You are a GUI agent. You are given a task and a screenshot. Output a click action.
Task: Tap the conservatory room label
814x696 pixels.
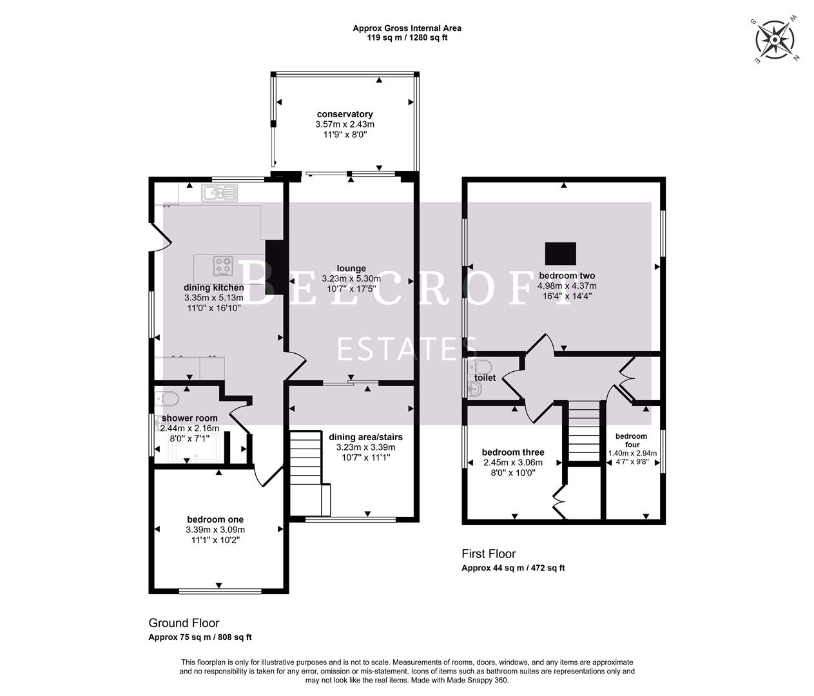pos(345,114)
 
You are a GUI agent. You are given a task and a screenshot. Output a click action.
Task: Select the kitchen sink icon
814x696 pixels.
pos(219,192)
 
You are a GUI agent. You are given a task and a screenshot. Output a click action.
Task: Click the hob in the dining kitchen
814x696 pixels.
pos(224,266)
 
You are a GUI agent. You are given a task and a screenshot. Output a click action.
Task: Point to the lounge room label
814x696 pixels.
pos(351,269)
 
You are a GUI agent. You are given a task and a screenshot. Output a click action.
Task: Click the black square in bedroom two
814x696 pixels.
pos(560,253)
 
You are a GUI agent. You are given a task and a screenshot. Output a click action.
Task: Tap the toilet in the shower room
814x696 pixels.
pos(168,400)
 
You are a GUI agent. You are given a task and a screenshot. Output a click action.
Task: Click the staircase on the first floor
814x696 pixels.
pos(583,430)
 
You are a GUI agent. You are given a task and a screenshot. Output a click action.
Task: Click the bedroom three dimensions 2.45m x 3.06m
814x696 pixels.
pos(513,462)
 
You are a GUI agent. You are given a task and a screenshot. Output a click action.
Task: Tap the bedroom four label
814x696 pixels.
pos(631,440)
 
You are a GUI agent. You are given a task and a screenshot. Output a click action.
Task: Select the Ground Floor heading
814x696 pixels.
pos(184,623)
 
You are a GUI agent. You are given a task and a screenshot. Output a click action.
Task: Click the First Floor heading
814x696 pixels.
pos(489,554)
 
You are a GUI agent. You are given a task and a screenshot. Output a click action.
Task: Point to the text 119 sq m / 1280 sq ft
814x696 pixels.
pos(407,37)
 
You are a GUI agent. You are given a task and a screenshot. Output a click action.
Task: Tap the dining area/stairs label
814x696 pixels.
pos(365,437)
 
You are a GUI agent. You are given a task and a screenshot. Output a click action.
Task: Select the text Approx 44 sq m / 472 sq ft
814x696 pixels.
pos(513,568)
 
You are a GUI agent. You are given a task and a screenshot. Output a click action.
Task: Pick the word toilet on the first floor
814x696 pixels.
pos(485,378)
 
